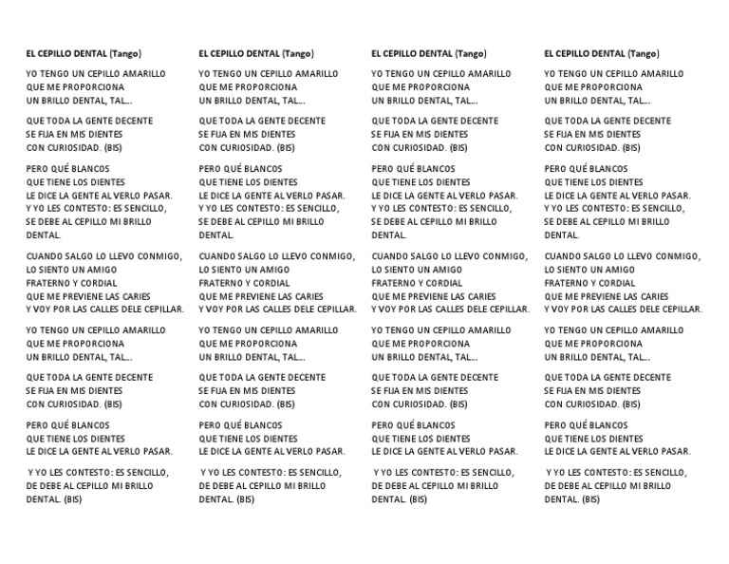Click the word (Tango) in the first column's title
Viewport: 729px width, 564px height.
125,53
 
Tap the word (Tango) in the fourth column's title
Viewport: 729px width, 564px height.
644,53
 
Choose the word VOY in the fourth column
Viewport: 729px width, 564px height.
562,310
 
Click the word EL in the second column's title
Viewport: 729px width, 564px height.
204,53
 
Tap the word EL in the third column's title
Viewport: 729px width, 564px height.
377,53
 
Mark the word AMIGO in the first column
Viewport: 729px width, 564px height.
99,270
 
